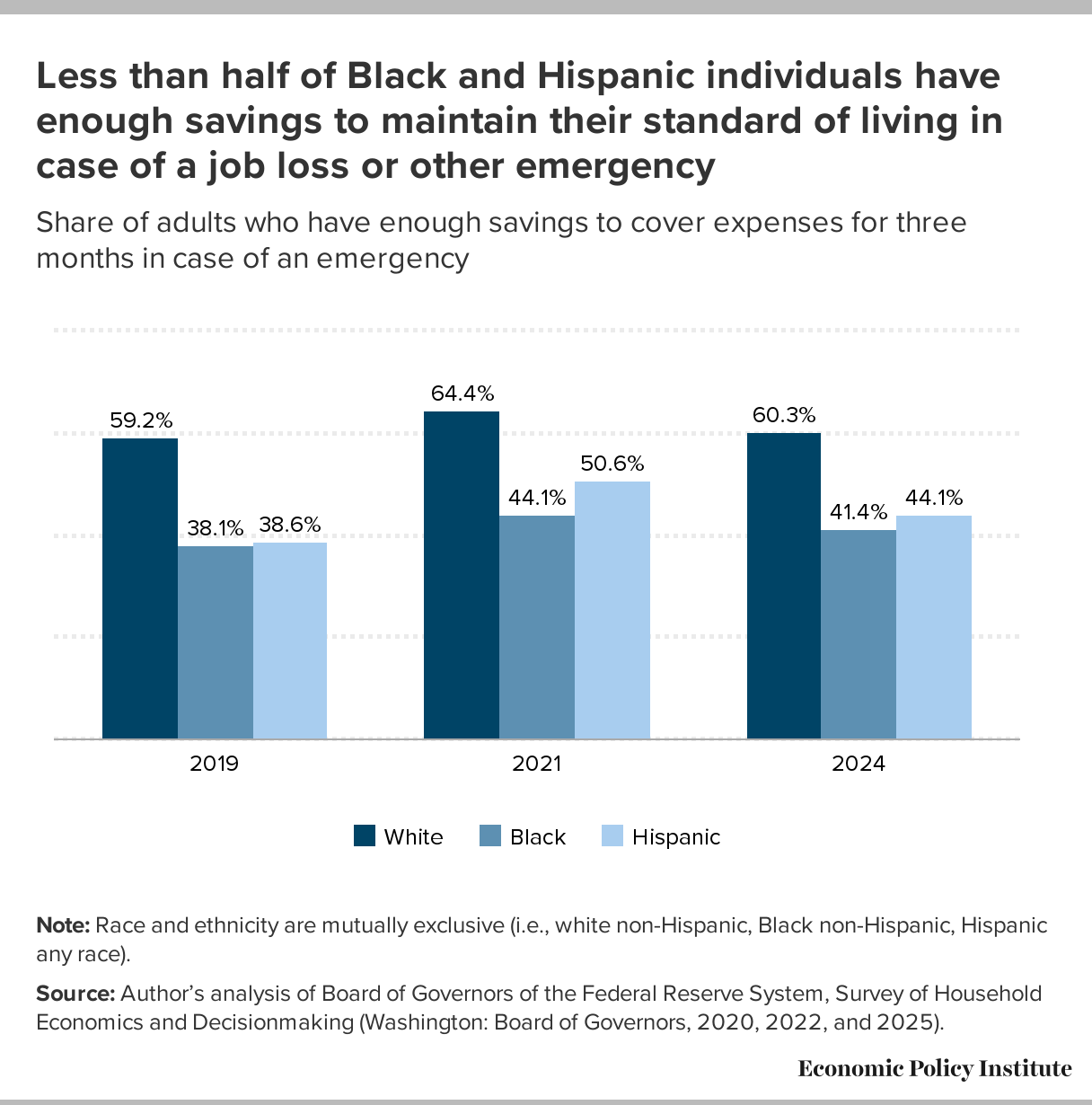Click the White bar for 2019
coord(140,588)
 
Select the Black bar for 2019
coord(215,642)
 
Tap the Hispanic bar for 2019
coord(290,641)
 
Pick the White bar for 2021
coord(462,575)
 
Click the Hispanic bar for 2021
coord(612,610)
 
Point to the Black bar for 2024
coord(859,634)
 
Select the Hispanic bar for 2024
coord(934,627)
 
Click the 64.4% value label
coord(462,393)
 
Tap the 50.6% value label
coord(612,464)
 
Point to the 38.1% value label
coord(215,528)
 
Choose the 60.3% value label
coord(784,415)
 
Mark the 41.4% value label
coord(859,512)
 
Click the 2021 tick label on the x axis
coord(536,765)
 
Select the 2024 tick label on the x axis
coord(859,765)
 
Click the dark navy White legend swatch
coord(364,836)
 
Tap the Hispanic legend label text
coord(676,837)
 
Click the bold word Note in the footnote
coord(63,926)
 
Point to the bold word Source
coord(75,994)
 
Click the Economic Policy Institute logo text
coord(935,1068)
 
